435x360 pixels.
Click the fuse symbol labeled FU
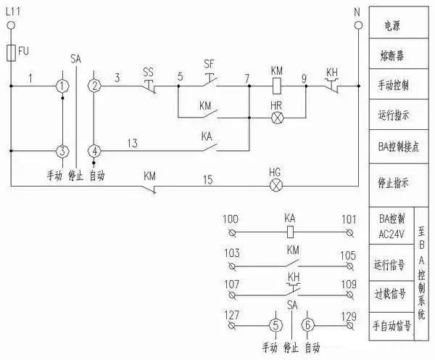pos(12,53)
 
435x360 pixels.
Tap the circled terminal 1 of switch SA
pos(63,86)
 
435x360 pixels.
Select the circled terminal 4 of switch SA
pos(95,150)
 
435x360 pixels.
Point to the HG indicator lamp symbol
pos(275,185)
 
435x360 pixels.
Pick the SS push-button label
pos(148,72)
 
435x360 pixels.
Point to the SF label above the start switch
pos(209,64)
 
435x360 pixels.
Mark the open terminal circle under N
pos(357,26)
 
